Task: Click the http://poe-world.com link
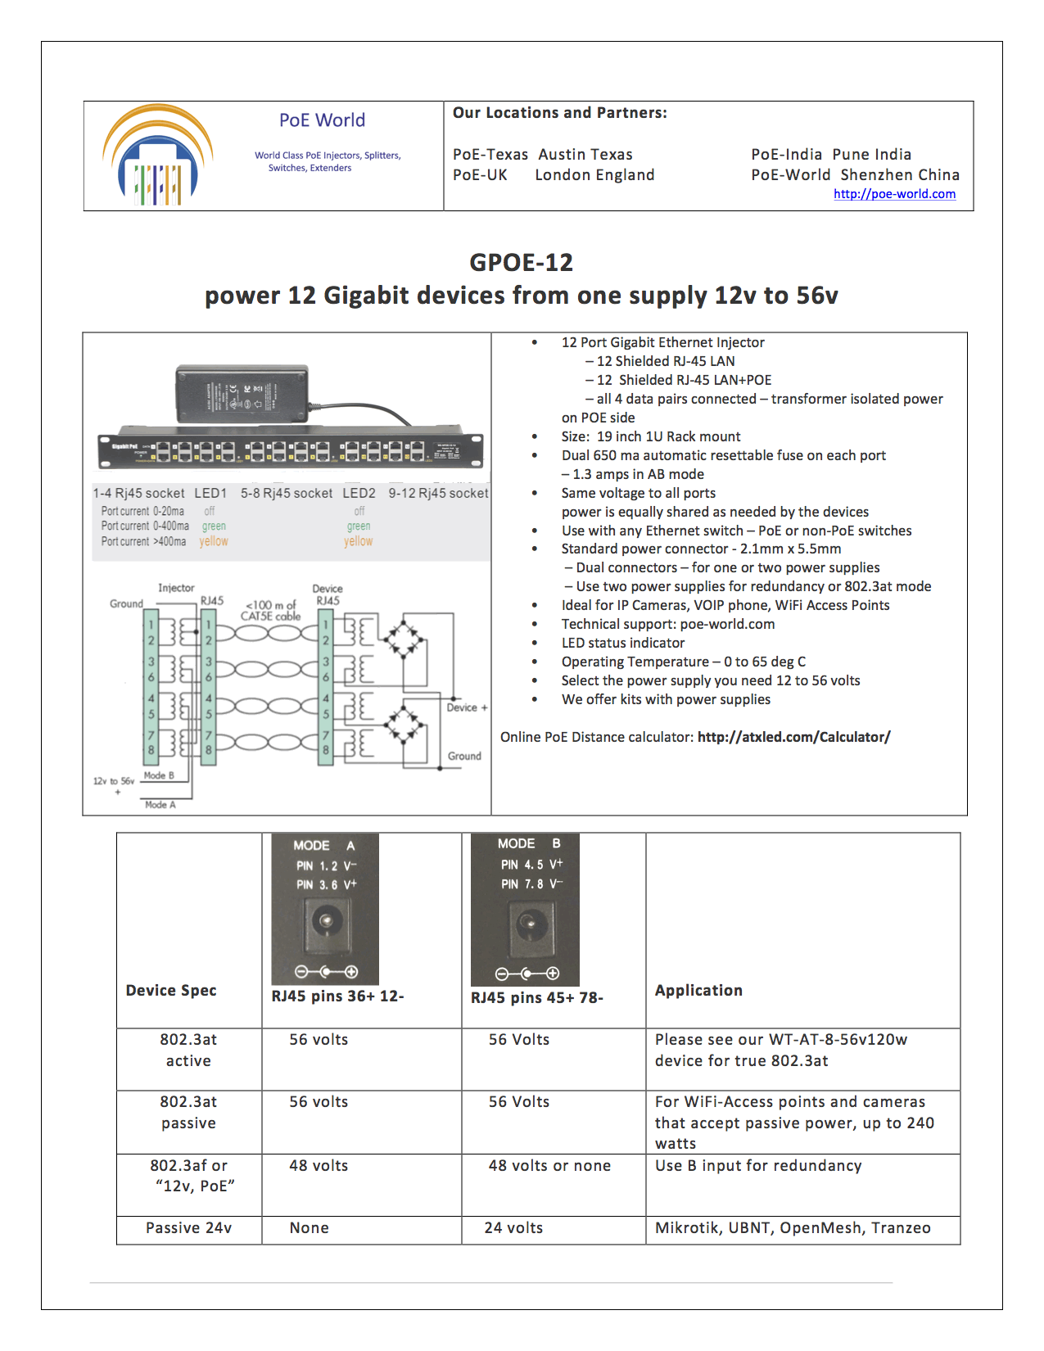click(894, 194)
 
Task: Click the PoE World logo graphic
click(158, 156)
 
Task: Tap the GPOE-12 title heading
click(521, 262)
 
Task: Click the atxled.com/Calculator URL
click(793, 737)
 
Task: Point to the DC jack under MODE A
click(326, 921)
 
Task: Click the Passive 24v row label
click(188, 1227)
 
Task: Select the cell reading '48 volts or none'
click(549, 1165)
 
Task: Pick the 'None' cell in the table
click(309, 1227)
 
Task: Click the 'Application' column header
click(698, 990)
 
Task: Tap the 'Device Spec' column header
click(171, 990)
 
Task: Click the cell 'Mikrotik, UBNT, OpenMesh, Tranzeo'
click(792, 1227)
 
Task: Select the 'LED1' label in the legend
click(210, 493)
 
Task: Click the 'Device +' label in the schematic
click(467, 707)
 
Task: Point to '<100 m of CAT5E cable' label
click(270, 610)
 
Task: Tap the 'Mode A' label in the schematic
click(160, 805)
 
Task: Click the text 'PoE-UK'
click(480, 174)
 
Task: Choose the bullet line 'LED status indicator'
click(622, 643)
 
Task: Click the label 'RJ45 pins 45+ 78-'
click(536, 997)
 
